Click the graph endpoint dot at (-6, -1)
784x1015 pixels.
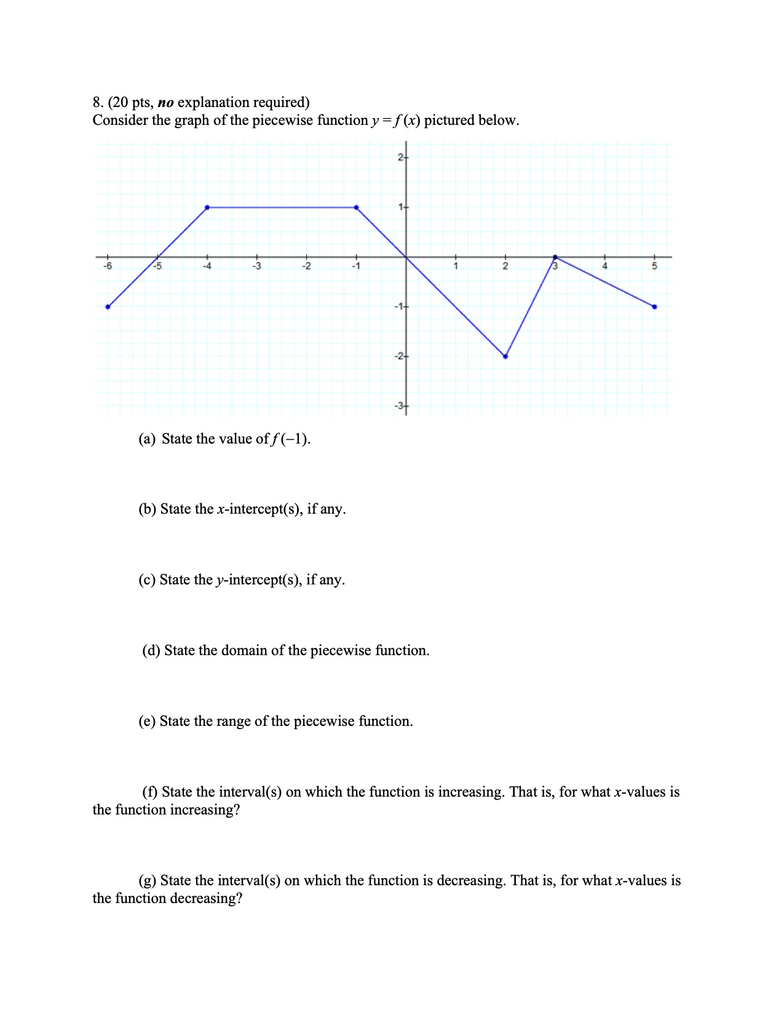(x=108, y=306)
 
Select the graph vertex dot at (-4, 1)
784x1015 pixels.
(x=207, y=207)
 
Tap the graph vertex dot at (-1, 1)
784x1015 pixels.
(x=357, y=207)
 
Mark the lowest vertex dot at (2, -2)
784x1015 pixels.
(x=505, y=356)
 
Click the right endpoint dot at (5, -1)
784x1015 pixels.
(x=654, y=306)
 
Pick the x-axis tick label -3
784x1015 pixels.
(x=257, y=266)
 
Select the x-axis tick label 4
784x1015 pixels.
(x=604, y=266)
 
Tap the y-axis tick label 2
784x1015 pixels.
(x=400, y=157)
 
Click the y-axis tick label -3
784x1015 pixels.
(x=399, y=406)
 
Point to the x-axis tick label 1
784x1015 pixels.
(x=456, y=266)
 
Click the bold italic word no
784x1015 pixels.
(x=166, y=102)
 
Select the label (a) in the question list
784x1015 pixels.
(x=147, y=439)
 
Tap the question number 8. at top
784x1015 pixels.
(x=98, y=102)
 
